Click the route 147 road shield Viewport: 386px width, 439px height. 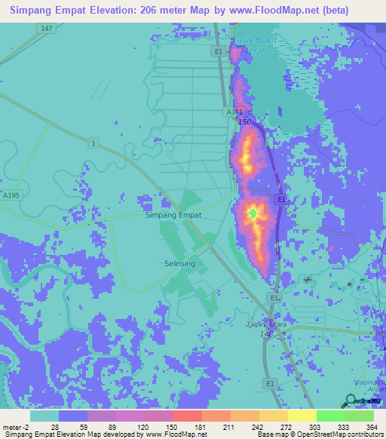coord(47,28)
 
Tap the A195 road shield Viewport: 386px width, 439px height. coord(11,195)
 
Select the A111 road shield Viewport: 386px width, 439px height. coord(234,112)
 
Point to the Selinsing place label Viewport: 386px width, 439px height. coord(179,263)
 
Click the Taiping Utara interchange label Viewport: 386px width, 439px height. coord(269,325)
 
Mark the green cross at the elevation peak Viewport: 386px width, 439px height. coord(253,214)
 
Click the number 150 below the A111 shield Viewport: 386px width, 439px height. coord(244,121)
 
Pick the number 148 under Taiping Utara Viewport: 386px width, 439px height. coord(266,334)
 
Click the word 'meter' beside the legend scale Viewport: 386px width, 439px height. coord(13,426)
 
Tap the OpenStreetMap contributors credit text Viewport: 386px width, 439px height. coord(335,434)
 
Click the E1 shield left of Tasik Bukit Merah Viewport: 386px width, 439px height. coord(218,51)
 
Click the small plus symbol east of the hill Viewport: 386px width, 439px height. coord(308,280)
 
